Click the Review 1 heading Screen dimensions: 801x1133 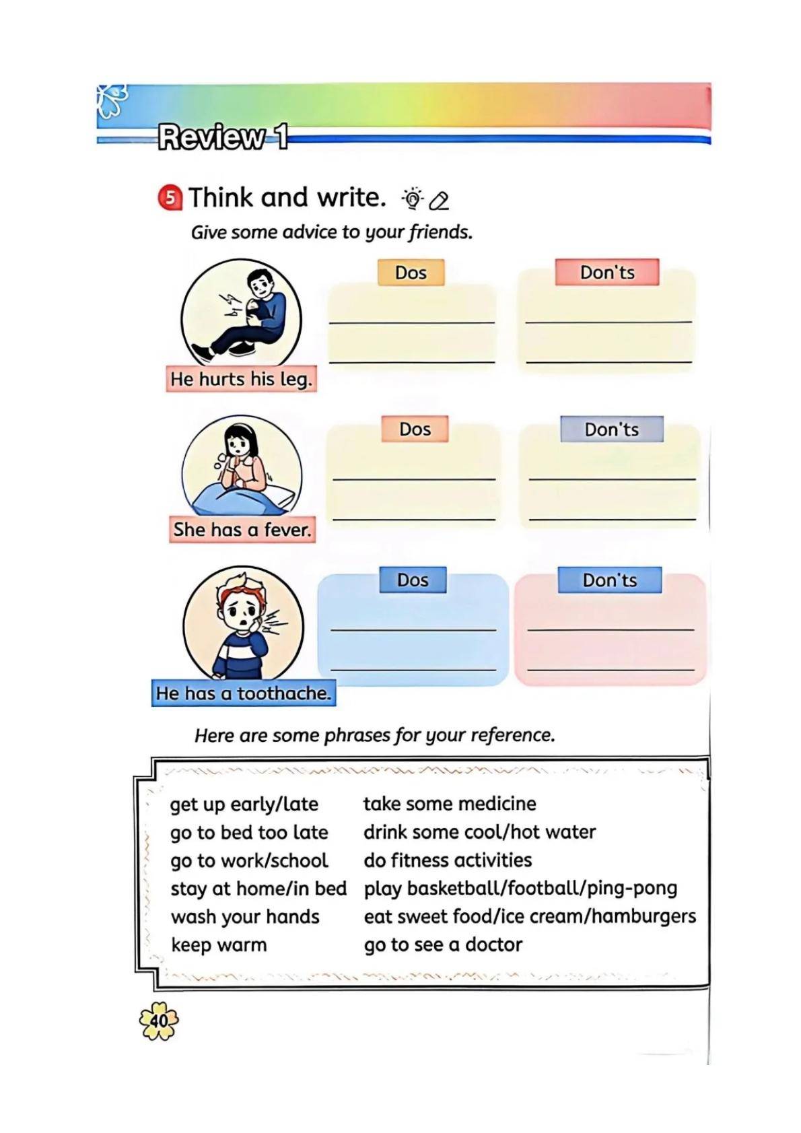[x=223, y=137]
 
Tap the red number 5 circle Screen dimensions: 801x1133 [x=170, y=198]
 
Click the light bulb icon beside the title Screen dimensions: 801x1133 [x=413, y=199]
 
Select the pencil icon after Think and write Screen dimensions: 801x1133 [x=439, y=201]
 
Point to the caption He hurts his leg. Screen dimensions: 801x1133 [x=241, y=379]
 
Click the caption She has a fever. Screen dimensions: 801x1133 [x=242, y=530]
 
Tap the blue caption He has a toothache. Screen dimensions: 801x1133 [x=243, y=693]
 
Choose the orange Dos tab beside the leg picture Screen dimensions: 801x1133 [x=411, y=273]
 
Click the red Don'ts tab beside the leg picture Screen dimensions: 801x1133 [x=607, y=272]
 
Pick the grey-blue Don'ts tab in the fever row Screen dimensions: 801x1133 [x=612, y=430]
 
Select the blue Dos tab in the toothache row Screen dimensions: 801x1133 [x=413, y=580]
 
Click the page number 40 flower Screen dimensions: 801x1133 [x=159, y=1020]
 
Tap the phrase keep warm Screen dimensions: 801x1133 [x=219, y=945]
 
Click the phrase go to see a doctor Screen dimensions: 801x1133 [x=443, y=945]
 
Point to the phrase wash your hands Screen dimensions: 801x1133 [x=245, y=916]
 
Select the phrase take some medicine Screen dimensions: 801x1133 [x=450, y=803]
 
